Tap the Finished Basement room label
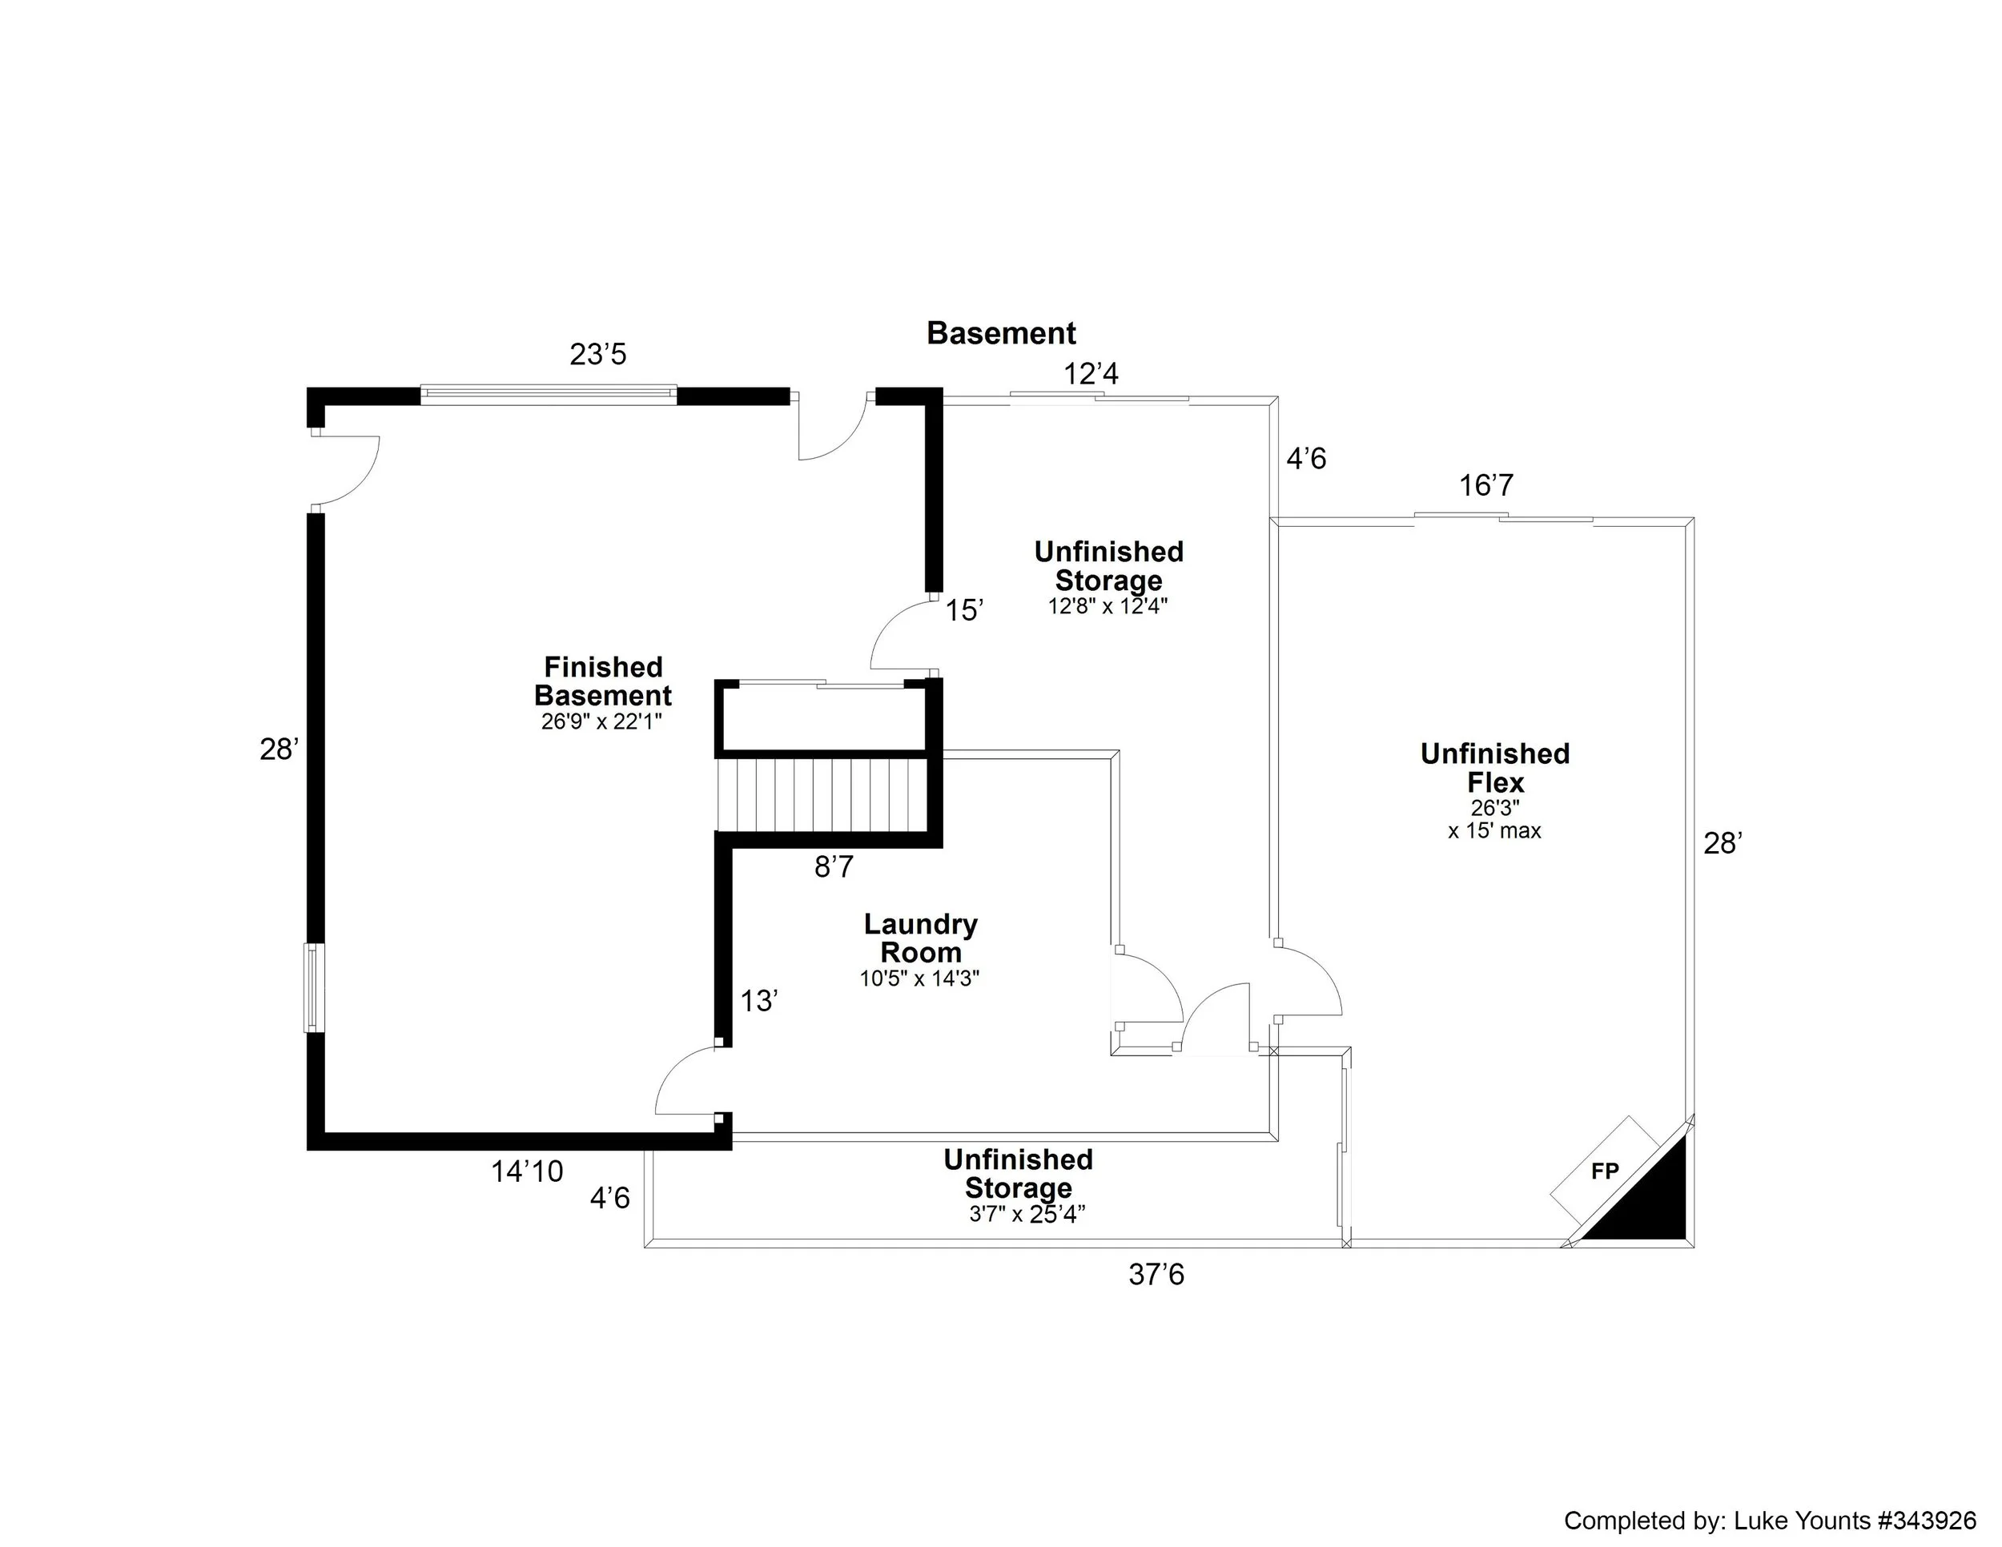point(602,681)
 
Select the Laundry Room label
point(920,938)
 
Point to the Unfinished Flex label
point(1495,768)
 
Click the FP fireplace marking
point(1604,1171)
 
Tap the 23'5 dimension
point(597,354)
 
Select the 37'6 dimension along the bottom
point(1156,1275)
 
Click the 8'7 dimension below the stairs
point(834,866)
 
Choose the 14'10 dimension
point(527,1171)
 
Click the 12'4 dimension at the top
point(1091,374)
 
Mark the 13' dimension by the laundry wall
point(759,1001)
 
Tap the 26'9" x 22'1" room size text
point(601,721)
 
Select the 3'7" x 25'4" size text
point(1027,1215)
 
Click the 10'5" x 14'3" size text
point(919,978)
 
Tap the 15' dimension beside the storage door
point(964,610)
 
